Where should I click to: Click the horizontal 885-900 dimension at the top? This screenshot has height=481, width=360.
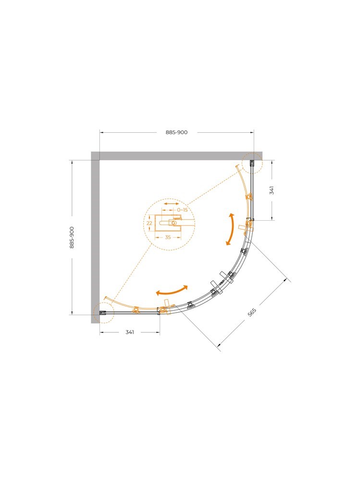176,132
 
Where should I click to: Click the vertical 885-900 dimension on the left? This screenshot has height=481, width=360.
72,238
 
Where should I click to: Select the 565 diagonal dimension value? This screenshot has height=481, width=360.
252,312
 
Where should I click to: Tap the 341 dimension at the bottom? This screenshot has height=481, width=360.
130,332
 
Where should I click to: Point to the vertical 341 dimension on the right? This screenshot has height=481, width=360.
272,190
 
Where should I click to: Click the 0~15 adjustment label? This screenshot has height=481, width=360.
182,210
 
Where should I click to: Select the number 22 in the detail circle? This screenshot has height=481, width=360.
149,223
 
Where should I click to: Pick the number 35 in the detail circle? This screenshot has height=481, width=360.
168,237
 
